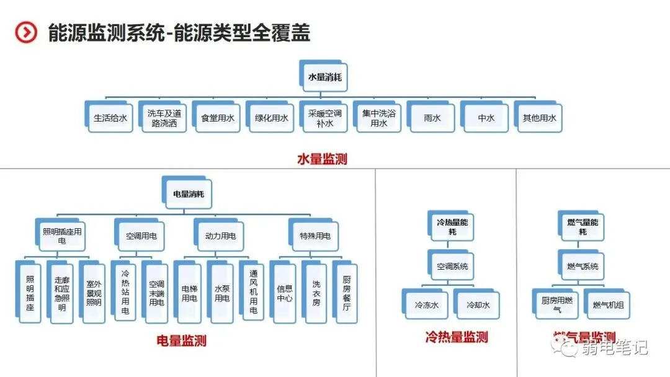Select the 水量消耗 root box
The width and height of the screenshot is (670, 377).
[324, 78]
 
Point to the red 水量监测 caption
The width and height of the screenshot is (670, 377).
[322, 159]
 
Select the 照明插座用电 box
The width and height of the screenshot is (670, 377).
[62, 236]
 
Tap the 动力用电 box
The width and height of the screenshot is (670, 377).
[220, 236]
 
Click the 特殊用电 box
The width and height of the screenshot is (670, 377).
[315, 236]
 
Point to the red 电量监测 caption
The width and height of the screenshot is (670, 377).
[181, 340]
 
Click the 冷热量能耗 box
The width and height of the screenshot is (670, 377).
[451, 226]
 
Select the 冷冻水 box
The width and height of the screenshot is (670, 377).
[426, 305]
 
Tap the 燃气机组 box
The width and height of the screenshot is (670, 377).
[608, 305]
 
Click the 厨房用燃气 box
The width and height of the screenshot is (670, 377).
[557, 304]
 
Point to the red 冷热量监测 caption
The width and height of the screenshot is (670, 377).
[457, 337]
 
